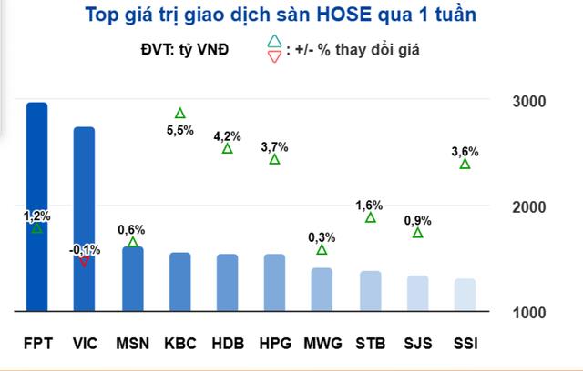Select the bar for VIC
[x=85, y=219]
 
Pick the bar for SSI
[x=465, y=295]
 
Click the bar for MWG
[x=322, y=289]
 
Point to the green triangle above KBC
[x=180, y=114]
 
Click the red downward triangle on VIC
[x=85, y=261]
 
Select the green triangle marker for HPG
[x=274, y=160]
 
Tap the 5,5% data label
[x=180, y=131]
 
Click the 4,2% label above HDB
[x=227, y=136]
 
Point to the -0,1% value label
[x=85, y=248]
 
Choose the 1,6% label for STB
[x=370, y=205]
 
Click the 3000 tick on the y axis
[x=528, y=101]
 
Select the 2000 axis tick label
[x=528, y=207]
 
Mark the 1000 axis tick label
[x=528, y=313]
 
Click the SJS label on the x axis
[x=417, y=344]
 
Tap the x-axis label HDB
[x=227, y=344]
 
